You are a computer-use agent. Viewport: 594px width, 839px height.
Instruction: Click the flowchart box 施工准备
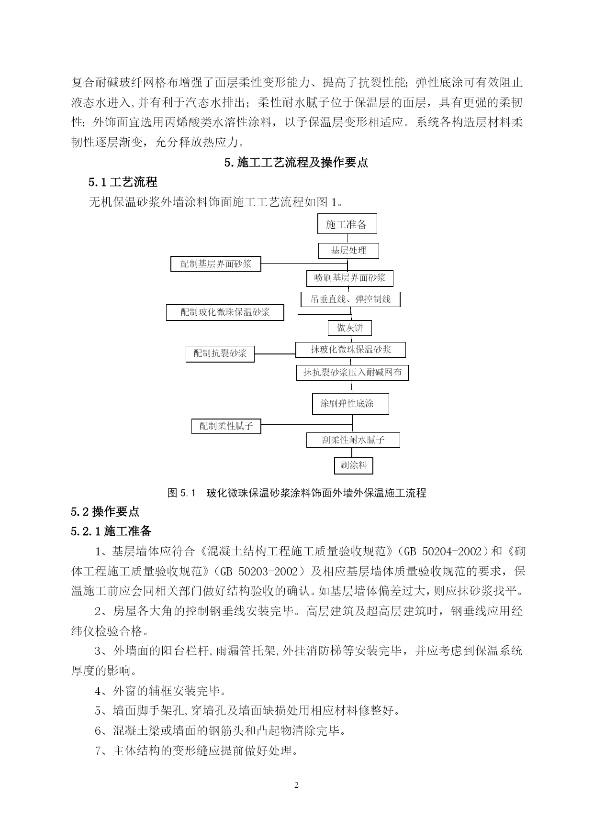pos(347,224)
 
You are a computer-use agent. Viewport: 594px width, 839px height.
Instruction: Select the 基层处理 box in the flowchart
pos(348,251)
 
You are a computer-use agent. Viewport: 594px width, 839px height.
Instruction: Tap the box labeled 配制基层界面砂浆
pos(215,264)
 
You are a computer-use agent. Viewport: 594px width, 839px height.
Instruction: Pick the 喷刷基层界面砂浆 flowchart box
pos(349,278)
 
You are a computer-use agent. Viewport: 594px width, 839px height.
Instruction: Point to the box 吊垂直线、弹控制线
pos(350,299)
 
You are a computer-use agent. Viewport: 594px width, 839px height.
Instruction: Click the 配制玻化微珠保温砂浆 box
pos(225,313)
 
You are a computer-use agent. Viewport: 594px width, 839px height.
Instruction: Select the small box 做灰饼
pos(349,328)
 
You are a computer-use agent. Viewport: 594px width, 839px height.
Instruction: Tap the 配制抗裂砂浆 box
pos(220,354)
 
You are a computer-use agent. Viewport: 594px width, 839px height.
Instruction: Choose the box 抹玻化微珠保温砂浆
pos(350,350)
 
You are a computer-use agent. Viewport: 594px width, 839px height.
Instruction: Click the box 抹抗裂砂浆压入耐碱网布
pos(352,373)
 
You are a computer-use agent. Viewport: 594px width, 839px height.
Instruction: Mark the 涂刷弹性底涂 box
pos(350,404)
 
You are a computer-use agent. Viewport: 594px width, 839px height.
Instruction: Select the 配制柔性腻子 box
pos(226,426)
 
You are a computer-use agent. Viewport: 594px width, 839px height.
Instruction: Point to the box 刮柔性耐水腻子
pos(353,440)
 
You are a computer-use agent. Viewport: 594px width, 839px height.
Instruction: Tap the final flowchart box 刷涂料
pos(353,465)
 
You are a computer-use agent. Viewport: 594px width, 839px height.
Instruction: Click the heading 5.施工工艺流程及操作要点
pos(296,163)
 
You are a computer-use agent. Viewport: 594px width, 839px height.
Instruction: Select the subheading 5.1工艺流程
pos(123,182)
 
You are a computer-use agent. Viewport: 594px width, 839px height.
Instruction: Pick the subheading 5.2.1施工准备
pos(111,531)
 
